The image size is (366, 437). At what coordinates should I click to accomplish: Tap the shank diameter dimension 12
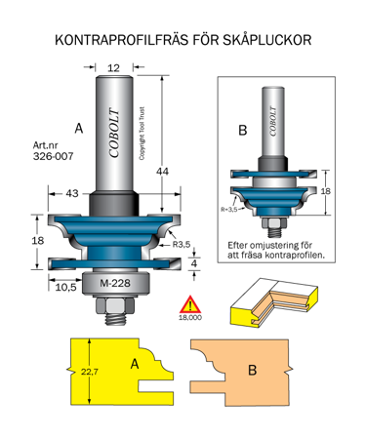pos(114,67)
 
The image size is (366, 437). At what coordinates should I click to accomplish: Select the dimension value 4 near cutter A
pos(195,262)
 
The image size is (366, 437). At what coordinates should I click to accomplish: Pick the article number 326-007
pos(49,156)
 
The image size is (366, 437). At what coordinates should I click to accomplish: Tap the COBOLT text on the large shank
pos(115,126)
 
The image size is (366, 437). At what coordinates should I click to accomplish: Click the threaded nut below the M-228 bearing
pos(114,312)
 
